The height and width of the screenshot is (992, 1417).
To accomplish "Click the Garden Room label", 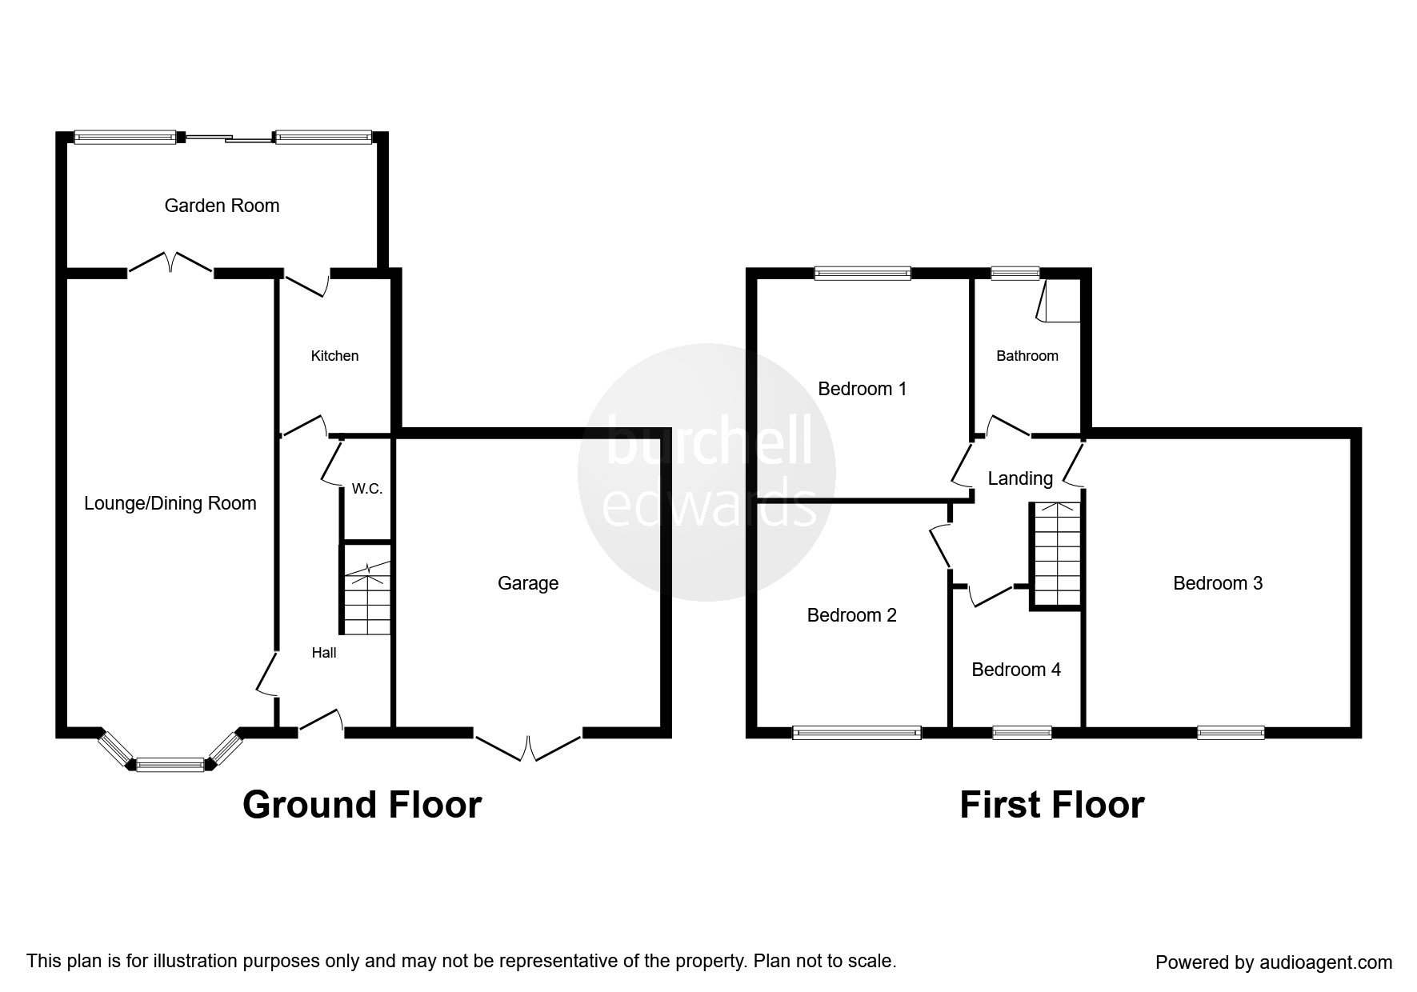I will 222,206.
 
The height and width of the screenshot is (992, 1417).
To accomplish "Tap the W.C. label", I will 367,489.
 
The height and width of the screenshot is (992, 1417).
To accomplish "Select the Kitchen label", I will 334,356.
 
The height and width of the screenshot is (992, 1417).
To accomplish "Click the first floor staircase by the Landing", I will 1056,554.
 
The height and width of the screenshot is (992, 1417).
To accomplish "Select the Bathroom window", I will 1015,274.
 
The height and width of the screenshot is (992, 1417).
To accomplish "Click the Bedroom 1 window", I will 863,274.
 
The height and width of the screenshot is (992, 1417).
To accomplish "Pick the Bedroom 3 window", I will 1231,732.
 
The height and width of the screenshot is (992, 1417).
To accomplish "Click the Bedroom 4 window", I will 1022,732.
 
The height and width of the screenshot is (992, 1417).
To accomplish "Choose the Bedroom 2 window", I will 857,732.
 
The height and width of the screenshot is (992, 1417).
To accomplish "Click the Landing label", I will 1020,478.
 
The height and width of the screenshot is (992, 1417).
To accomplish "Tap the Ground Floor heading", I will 362,805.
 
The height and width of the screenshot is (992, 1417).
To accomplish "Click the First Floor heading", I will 1051,805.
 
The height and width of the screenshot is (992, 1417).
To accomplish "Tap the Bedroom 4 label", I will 1016,670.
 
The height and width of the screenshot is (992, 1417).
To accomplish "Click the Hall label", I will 324,653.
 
